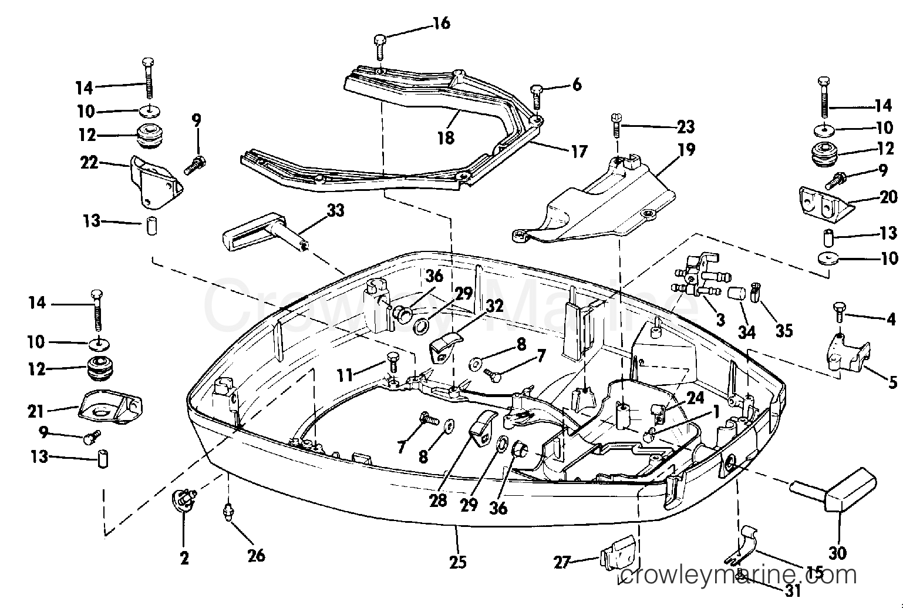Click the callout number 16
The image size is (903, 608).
(442, 23)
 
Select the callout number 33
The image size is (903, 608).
(335, 210)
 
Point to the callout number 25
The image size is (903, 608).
(457, 562)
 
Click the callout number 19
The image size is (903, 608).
(687, 150)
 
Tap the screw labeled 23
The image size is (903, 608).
(617, 126)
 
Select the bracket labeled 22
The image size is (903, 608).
(156, 183)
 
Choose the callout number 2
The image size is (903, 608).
(184, 559)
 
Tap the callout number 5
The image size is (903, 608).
(893, 382)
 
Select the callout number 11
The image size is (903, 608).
(345, 376)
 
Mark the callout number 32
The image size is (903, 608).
(494, 306)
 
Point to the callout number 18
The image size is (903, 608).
(446, 138)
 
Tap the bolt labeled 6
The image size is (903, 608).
(536, 97)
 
